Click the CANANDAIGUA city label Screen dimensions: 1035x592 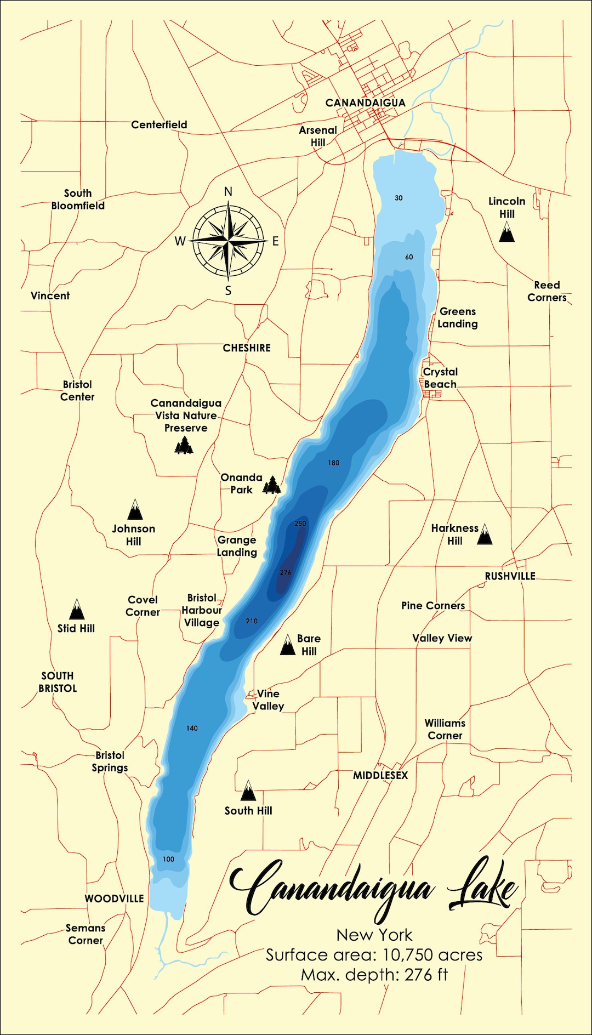(x=365, y=103)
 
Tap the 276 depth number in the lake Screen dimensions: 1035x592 (x=286, y=572)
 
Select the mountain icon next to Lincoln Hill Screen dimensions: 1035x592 (x=506, y=232)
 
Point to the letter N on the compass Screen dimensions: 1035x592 (x=229, y=192)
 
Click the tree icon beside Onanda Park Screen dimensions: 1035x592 (x=272, y=485)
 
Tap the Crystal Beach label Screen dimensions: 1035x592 (x=440, y=378)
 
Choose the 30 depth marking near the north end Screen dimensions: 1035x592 (x=399, y=198)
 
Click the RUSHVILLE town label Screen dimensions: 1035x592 (x=510, y=576)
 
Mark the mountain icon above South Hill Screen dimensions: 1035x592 (x=248, y=791)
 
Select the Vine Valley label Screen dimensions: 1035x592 (x=268, y=700)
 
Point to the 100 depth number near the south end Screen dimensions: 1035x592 (x=168, y=859)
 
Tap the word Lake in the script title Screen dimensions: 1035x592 (x=481, y=888)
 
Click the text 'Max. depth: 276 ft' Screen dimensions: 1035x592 (x=374, y=975)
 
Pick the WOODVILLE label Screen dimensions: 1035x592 (x=114, y=899)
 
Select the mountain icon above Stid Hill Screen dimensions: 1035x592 (x=77, y=609)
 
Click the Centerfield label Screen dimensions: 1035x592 (x=159, y=125)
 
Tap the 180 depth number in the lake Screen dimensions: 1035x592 (x=333, y=463)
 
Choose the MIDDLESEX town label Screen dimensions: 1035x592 (x=380, y=775)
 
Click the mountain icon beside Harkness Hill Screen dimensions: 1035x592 (x=484, y=534)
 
